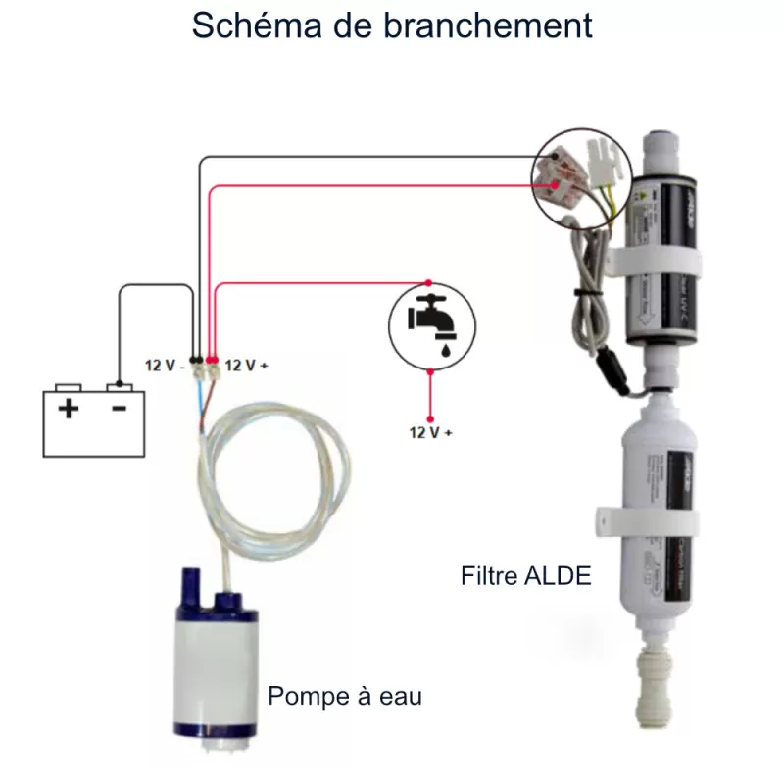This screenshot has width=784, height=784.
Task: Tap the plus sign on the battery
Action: pyautogui.click(x=68, y=409)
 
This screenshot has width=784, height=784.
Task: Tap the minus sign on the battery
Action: pyautogui.click(x=119, y=409)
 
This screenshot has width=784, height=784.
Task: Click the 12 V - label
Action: pyautogui.click(x=165, y=365)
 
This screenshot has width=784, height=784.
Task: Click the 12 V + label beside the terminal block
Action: pyautogui.click(x=247, y=365)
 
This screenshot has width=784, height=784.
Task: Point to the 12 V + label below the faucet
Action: pyautogui.click(x=431, y=431)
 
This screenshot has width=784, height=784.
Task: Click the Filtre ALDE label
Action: pyautogui.click(x=526, y=576)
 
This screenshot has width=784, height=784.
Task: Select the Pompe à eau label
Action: pyautogui.click(x=345, y=697)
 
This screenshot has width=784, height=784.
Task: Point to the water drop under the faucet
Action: pyautogui.click(x=446, y=345)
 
